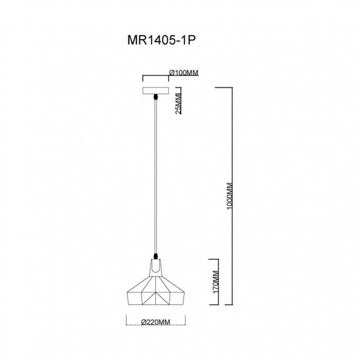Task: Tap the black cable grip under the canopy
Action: point(156,98)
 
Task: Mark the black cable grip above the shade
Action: point(156,255)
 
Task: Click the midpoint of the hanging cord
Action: point(156,177)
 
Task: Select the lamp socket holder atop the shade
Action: point(156,266)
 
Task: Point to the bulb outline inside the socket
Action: point(156,268)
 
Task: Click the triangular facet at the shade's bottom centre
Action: point(156,297)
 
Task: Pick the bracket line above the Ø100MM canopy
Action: point(156,76)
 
